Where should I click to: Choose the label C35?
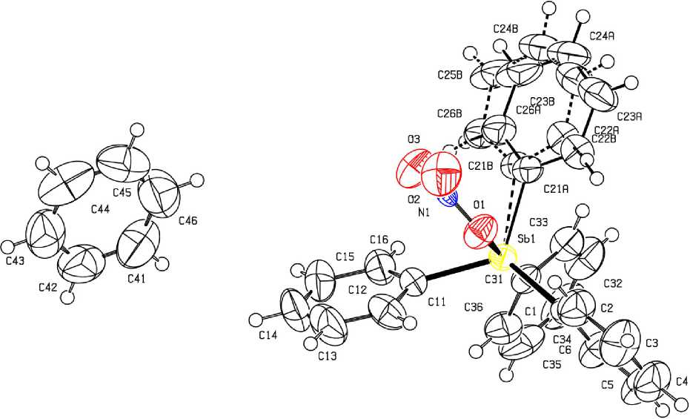553,365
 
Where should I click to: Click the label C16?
379,240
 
